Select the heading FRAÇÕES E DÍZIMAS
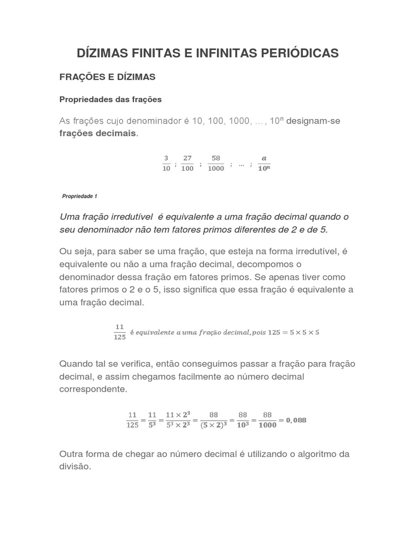[x=107, y=78]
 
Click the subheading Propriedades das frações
[x=110, y=100]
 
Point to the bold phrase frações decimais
[x=98, y=133]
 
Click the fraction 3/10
[x=166, y=163]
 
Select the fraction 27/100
[x=187, y=163]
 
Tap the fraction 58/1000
[x=216, y=163]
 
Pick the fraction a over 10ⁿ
[x=264, y=163]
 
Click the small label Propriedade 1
[x=80, y=196]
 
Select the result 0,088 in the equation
[x=293, y=420]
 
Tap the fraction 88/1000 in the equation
[x=268, y=420]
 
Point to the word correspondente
[x=93, y=389]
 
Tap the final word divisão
[x=75, y=466]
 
